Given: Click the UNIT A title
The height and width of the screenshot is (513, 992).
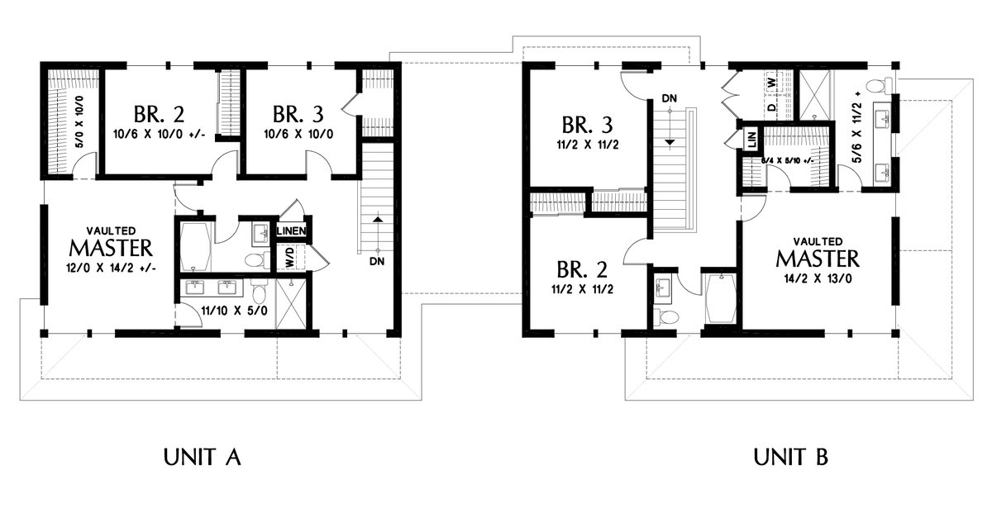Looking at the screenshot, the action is [x=202, y=457].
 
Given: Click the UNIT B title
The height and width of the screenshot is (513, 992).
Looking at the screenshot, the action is [x=790, y=457].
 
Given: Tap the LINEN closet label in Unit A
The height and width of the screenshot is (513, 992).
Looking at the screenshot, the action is [x=291, y=231].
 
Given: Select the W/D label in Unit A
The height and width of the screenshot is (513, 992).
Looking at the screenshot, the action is [x=289, y=257].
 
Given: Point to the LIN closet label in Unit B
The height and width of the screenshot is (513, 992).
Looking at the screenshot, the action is [x=751, y=140].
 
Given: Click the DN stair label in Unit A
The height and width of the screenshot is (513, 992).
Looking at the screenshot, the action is [x=377, y=262].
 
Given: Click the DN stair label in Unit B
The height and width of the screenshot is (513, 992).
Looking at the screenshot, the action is [x=670, y=98].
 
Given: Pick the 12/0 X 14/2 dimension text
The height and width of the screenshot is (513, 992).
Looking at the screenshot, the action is [x=111, y=268].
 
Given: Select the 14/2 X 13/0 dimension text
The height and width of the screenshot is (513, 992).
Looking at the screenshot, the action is [x=818, y=279].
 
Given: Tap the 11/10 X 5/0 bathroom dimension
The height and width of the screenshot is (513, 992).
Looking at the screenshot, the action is [x=234, y=311].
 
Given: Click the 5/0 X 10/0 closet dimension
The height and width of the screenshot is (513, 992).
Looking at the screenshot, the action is [x=79, y=121].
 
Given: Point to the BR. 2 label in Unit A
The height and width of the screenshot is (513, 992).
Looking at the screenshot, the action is [x=159, y=114].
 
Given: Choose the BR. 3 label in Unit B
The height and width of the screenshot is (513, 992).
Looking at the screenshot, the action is [x=587, y=125].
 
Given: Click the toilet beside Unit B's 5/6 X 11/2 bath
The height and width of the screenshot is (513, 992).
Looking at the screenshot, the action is [x=879, y=84].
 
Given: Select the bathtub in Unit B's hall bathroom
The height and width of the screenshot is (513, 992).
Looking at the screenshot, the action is [x=721, y=299].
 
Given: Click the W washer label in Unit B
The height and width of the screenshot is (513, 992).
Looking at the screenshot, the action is [x=772, y=83].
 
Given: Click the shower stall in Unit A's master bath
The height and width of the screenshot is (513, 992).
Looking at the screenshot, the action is [x=291, y=304].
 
